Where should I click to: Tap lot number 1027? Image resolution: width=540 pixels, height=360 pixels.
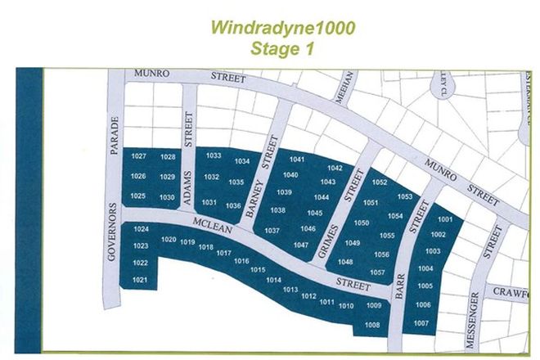[139, 156]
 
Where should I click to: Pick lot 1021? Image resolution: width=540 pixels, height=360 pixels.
[140, 280]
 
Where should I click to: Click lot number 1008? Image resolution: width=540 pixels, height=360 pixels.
[373, 325]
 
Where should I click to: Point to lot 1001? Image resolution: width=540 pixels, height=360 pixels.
[446, 219]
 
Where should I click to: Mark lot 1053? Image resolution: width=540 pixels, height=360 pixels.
[405, 196]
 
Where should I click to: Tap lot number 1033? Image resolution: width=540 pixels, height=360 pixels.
[214, 155]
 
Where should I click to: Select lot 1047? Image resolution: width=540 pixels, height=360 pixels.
[300, 245]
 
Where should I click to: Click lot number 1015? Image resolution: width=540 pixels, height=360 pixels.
[258, 269]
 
